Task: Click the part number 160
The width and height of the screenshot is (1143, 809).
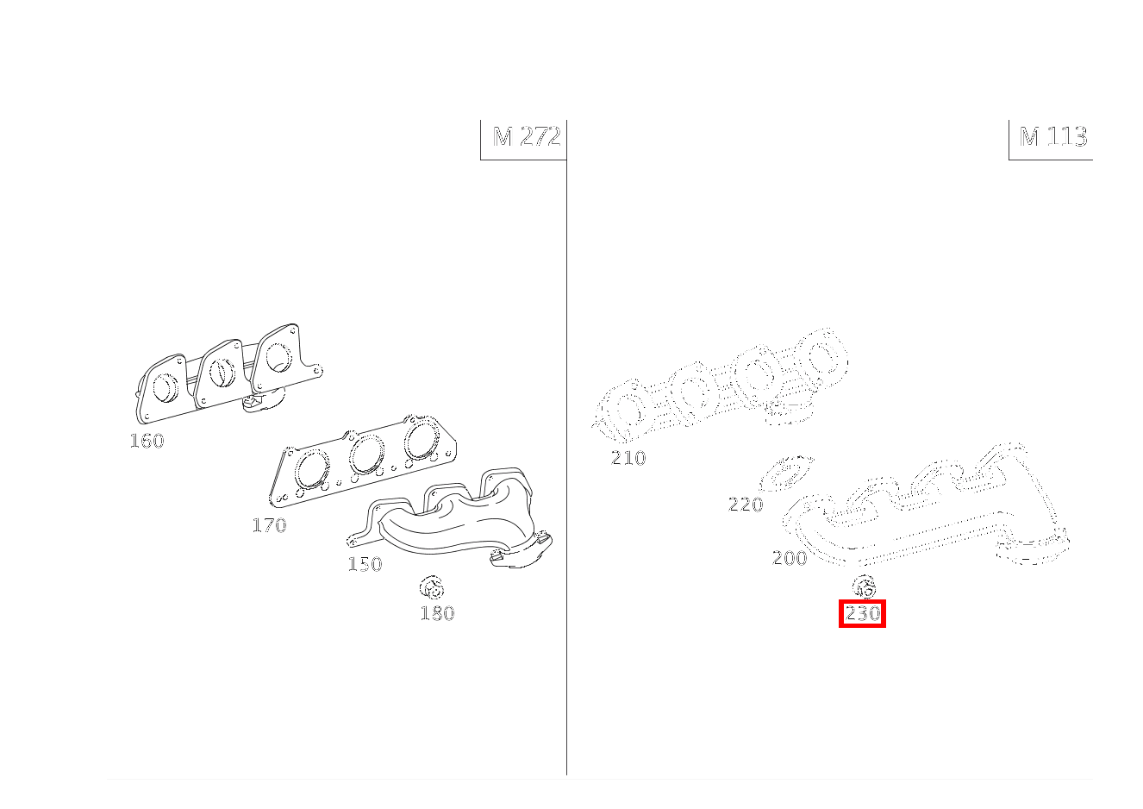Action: click(x=147, y=441)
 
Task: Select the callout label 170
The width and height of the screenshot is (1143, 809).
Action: click(x=270, y=524)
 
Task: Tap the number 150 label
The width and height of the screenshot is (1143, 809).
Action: click(x=365, y=564)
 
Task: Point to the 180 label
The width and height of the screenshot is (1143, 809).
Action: click(x=437, y=613)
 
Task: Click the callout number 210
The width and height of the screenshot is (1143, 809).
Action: click(x=628, y=458)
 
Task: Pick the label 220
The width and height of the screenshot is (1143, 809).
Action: click(x=746, y=505)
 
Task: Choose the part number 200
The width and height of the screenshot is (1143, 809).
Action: click(x=790, y=558)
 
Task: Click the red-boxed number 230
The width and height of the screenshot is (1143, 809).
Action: click(x=862, y=613)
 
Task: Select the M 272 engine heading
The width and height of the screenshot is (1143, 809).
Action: click(x=527, y=137)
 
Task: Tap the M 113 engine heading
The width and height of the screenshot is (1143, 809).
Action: click(x=1053, y=137)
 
